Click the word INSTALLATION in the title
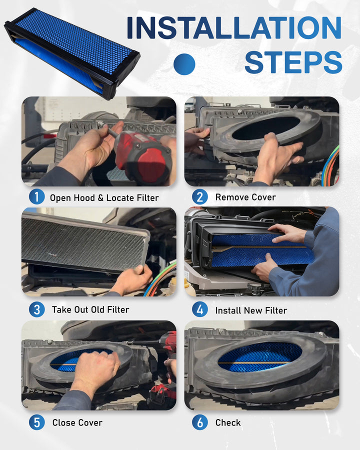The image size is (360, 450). tap(234, 27)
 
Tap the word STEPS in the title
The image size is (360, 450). tap(293, 62)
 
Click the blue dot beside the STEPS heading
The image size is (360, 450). tap(184, 64)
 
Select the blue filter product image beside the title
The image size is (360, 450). tap(72, 53)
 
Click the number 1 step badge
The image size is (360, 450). tap(36, 196)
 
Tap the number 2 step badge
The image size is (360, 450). tap(200, 196)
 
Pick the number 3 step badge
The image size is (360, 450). tap(36, 309)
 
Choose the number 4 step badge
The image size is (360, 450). tap(200, 309)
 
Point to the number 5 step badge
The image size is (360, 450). tap(36, 422)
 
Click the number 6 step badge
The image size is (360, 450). tap(200, 422)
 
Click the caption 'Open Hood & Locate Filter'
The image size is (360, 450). tap(104, 197)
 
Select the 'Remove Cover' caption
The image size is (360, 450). tap(245, 197)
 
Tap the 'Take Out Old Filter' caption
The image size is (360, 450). tap(90, 309)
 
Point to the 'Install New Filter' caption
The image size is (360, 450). tap(251, 310)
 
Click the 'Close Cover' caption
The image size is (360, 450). tap(77, 422)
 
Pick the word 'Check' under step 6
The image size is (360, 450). tap(228, 422)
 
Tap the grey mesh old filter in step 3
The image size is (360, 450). tap(84, 244)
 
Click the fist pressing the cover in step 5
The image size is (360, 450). tap(97, 370)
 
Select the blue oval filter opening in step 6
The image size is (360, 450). tap(260, 356)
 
